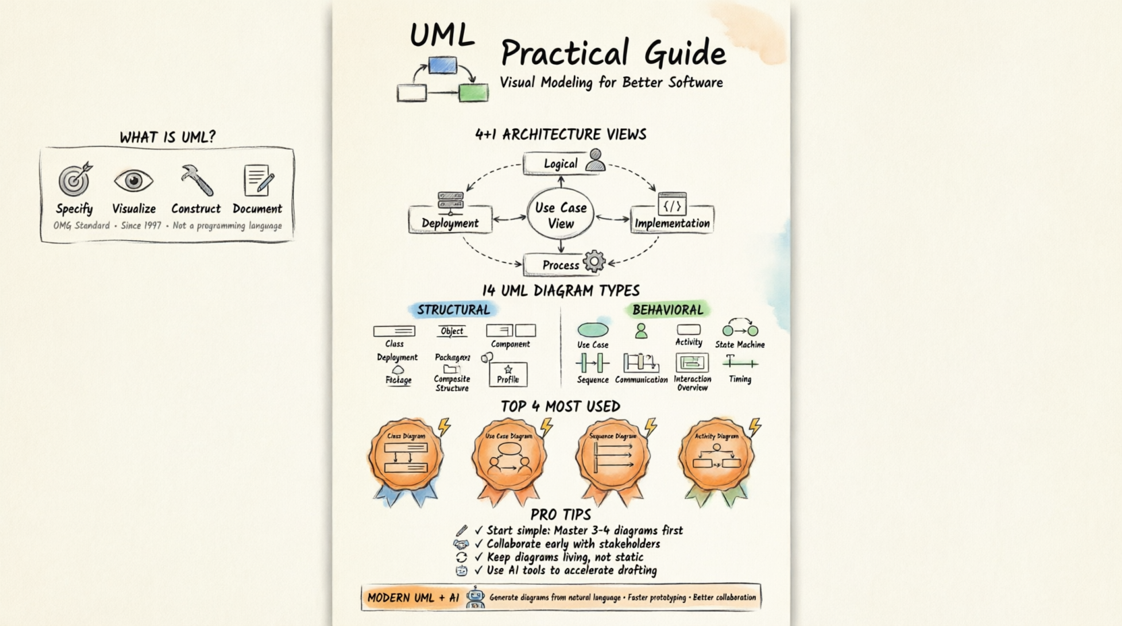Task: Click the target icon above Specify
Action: coord(74,179)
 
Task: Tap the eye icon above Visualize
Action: coord(134,181)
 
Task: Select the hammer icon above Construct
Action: coord(196,179)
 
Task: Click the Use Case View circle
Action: coord(560,215)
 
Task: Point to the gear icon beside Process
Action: coord(594,261)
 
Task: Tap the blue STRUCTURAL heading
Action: coord(453,310)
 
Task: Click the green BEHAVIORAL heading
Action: coord(668,310)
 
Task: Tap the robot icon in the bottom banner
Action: coord(475,597)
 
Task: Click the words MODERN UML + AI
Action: coord(413,598)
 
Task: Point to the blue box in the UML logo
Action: coord(442,65)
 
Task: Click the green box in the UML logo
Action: coord(473,92)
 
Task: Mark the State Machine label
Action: coord(740,345)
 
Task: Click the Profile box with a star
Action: coord(508,374)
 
